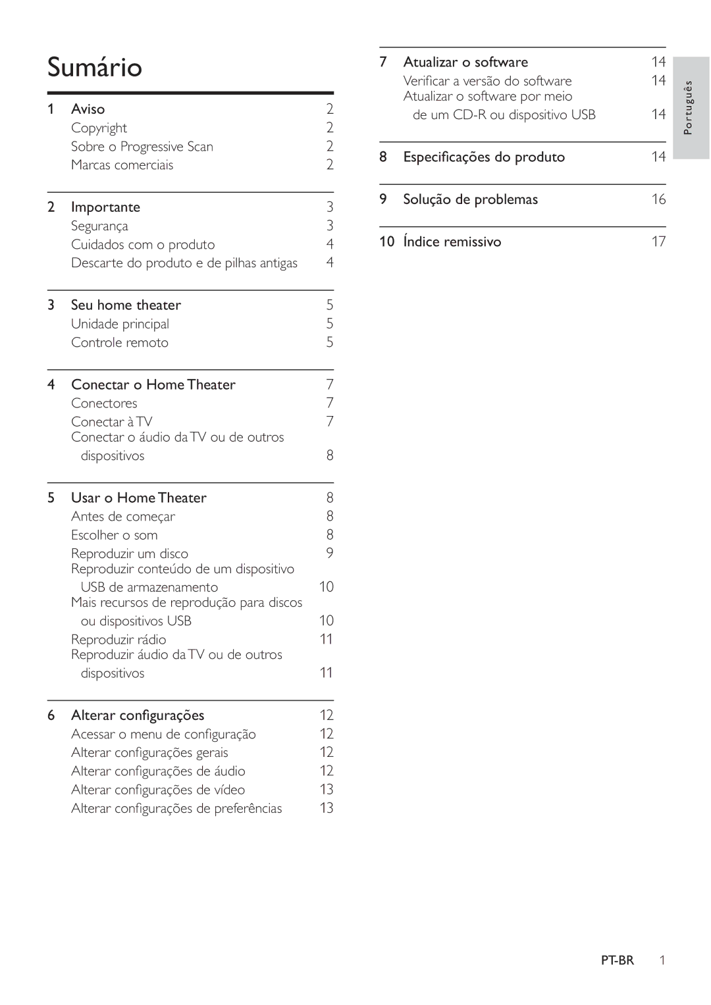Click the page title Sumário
[x=95, y=68]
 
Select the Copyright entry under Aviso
[x=99, y=128]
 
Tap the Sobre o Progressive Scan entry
[x=142, y=147]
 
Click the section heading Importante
[x=105, y=207]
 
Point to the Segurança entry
[x=99, y=226]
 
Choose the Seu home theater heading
[x=126, y=305]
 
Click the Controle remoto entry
[x=120, y=343]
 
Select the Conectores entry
[x=104, y=403]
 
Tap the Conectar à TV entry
[x=112, y=422]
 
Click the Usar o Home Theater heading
[x=138, y=498]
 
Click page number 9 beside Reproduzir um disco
[x=330, y=554]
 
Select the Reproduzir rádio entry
[x=118, y=640]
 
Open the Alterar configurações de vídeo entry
[x=158, y=790]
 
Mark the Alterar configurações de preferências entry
[x=176, y=809]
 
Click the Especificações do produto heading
[x=484, y=157]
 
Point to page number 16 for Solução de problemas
[x=658, y=199]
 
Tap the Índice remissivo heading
[x=452, y=242]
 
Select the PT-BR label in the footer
[x=617, y=960]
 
